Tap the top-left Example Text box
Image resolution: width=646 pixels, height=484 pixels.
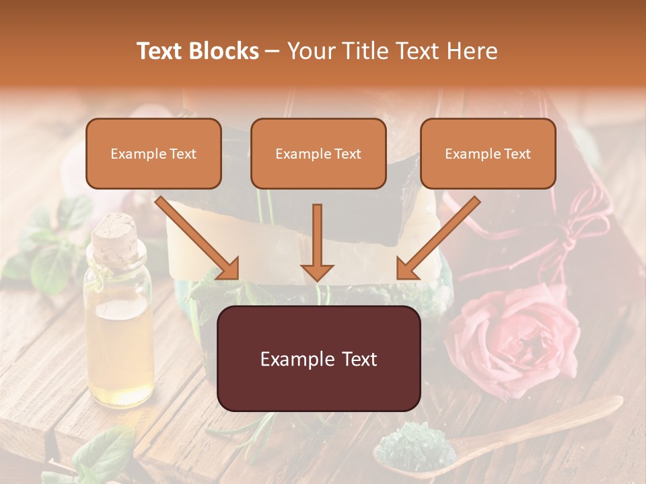pyautogui.click(x=153, y=153)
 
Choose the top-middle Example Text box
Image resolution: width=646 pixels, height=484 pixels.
pyautogui.click(x=318, y=153)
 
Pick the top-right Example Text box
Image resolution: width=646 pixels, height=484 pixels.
pyautogui.click(x=488, y=153)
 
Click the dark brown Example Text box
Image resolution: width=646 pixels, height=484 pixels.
pyautogui.click(x=318, y=358)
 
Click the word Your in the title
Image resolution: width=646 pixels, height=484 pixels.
pyautogui.click(x=312, y=51)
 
